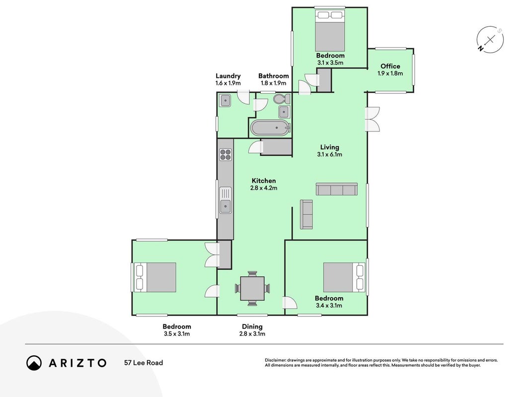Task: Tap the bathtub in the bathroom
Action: click(x=270, y=128)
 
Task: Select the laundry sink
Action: click(x=225, y=101)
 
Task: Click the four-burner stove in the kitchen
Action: click(x=226, y=155)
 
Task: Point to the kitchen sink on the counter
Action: click(x=226, y=200)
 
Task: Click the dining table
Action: click(x=252, y=288)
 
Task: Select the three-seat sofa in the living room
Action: click(x=337, y=189)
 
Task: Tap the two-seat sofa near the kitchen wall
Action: click(x=306, y=214)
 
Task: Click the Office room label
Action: click(x=390, y=66)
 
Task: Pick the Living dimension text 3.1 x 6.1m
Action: click(x=329, y=155)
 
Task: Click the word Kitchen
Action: click(x=264, y=181)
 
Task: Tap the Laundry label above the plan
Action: click(x=228, y=76)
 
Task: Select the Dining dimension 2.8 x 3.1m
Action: click(x=252, y=334)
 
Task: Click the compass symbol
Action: click(x=490, y=40)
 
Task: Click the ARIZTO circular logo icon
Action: click(x=34, y=363)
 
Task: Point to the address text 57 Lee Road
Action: click(x=144, y=363)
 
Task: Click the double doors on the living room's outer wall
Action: click(x=372, y=119)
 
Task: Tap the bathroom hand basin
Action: click(x=284, y=112)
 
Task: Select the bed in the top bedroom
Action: click(x=330, y=30)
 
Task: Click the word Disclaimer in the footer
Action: click(x=276, y=360)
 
